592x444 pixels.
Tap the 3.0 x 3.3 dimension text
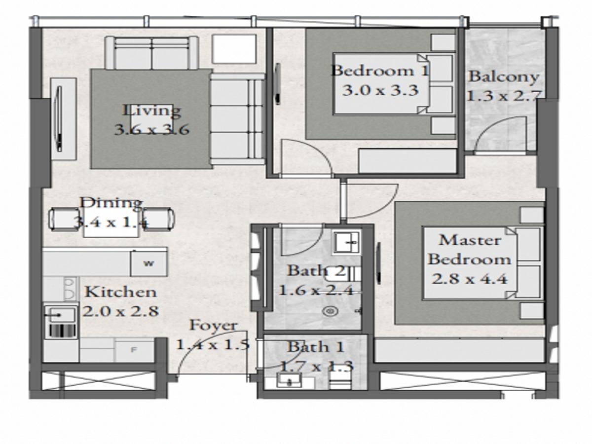(380, 90)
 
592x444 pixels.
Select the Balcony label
(503, 77)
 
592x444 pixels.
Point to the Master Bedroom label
(469, 250)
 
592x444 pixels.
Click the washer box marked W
(148, 263)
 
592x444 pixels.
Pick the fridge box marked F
(134, 350)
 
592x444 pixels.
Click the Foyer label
(213, 326)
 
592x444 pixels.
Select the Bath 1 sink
(290, 380)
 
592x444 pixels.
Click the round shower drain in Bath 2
(330, 312)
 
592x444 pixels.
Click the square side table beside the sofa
(234, 49)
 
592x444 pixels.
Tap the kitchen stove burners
(69, 288)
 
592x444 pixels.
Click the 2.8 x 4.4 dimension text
(470, 279)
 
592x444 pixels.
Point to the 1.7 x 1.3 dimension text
(316, 367)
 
